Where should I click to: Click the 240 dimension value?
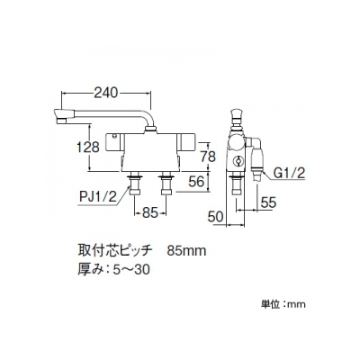click(106, 93)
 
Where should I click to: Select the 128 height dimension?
click(88, 148)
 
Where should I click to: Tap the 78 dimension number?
click(207, 157)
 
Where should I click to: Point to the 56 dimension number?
click(196, 182)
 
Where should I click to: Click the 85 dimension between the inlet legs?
click(149, 213)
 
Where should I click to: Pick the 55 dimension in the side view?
click(268, 203)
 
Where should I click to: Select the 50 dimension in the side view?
click(217, 217)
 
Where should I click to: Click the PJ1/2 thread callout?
click(98, 197)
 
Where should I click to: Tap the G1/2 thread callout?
click(289, 174)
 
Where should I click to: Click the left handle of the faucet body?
click(115, 142)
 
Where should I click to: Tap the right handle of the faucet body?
click(186, 142)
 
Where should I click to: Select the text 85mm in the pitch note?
click(187, 251)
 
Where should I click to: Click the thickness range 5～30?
click(131, 270)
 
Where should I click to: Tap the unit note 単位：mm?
click(283, 304)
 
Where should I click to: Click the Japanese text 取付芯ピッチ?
click(113, 251)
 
